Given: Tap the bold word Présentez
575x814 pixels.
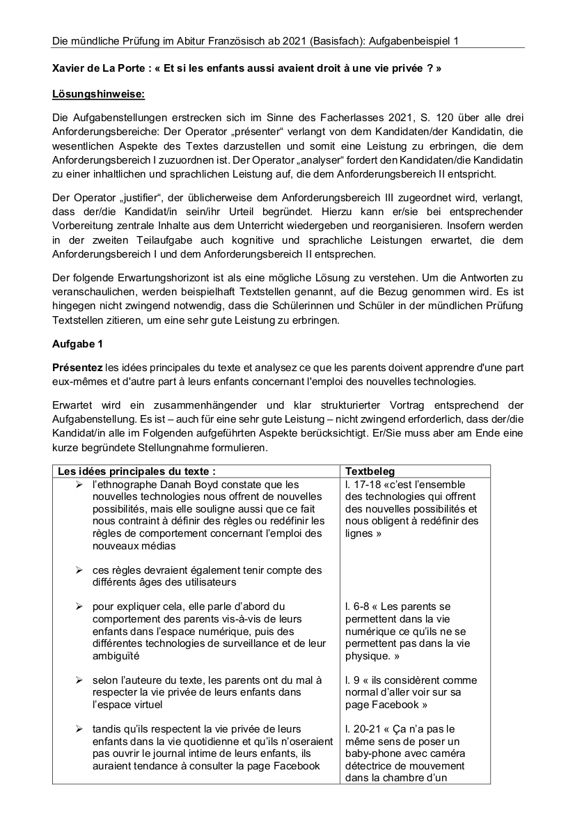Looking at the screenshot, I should coord(78,367).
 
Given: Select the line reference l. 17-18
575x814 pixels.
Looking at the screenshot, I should coord(363,485).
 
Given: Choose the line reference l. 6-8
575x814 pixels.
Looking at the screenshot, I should coord(358,606).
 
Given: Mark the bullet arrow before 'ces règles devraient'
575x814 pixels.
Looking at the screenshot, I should coord(80,570).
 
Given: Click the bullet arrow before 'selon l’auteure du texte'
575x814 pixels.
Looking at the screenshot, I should coord(80,680).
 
